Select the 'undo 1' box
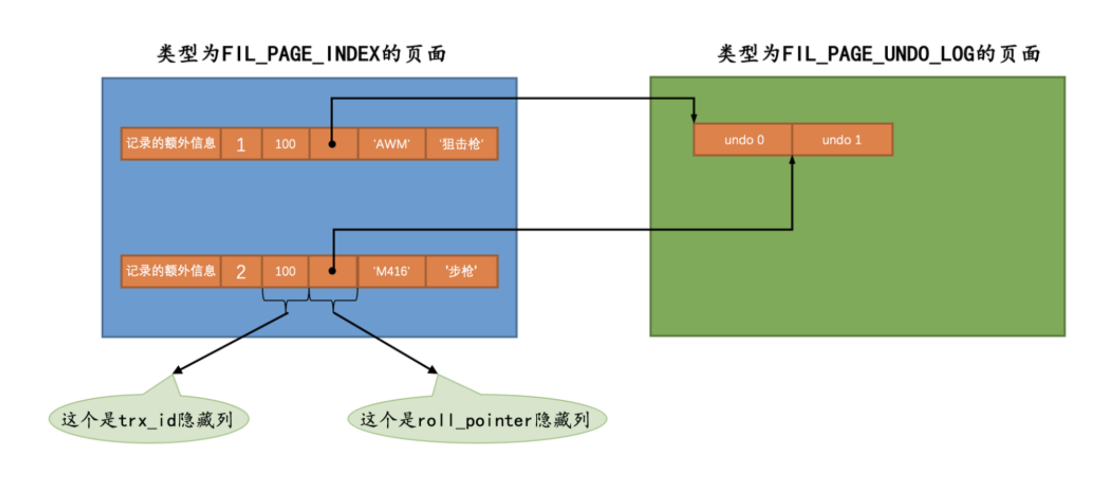842,140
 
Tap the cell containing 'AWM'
391,144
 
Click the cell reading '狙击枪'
462,144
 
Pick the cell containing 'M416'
391,271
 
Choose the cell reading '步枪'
462,271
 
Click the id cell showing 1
241,145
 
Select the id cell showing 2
241,272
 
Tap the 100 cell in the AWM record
285,144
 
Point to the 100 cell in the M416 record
285,271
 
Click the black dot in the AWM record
332,145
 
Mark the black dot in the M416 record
332,271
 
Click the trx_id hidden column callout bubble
148,419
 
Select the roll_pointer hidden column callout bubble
477,419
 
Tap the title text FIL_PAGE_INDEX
301,54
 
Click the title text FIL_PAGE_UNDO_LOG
879,54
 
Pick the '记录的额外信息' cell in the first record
171,144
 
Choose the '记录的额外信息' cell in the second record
171,271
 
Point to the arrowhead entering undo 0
694,118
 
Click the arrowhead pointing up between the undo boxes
792,161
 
